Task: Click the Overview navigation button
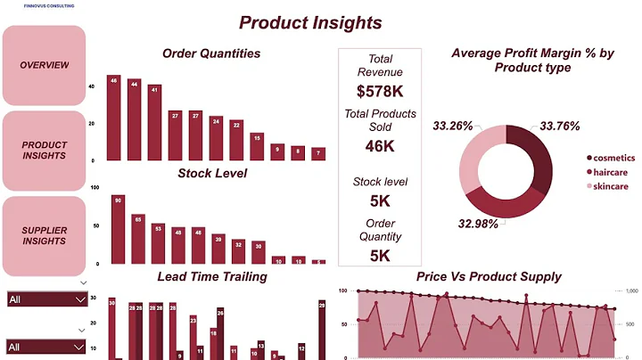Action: tap(45, 65)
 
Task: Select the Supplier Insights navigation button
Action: tap(45, 235)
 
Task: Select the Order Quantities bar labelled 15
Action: tap(257, 146)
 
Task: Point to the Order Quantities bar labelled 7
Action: tap(318, 154)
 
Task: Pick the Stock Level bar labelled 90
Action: tap(118, 229)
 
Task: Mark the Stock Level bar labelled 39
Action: tap(218, 249)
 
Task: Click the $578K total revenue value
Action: tap(380, 91)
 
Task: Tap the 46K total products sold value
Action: tap(380, 147)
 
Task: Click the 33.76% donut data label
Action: tap(560, 126)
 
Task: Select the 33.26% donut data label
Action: tap(453, 126)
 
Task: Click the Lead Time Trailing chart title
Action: tap(211, 276)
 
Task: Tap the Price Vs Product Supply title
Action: tap(489, 276)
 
